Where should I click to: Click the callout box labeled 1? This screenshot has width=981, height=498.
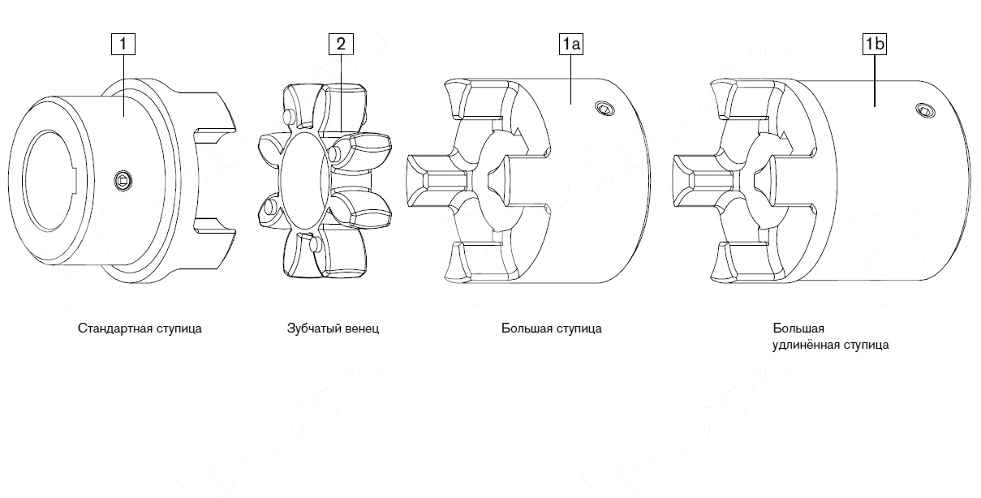[123, 44]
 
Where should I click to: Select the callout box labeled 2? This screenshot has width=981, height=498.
[340, 44]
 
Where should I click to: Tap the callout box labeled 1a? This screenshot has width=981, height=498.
[570, 44]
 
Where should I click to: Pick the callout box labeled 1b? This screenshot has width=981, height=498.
[874, 44]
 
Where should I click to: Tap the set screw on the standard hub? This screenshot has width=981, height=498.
[123, 179]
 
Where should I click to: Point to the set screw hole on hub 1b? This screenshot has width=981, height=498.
[925, 109]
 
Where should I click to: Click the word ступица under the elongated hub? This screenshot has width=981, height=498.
[866, 345]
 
